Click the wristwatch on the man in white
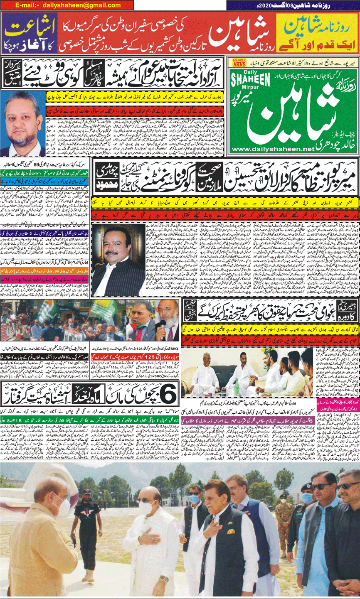pos(165,578)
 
